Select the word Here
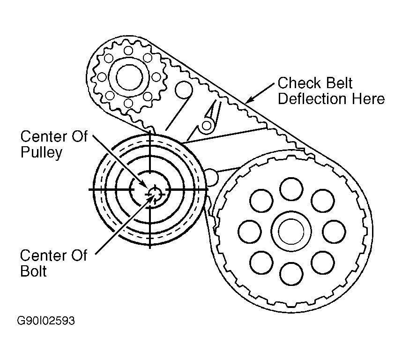click(x=370, y=99)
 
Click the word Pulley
click(x=41, y=153)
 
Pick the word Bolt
click(x=33, y=271)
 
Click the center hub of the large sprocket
click(x=291, y=230)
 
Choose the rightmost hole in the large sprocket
click(x=333, y=230)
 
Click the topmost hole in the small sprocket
click(x=128, y=50)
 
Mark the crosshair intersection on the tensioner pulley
click(x=150, y=189)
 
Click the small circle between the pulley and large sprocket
click(x=212, y=177)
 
